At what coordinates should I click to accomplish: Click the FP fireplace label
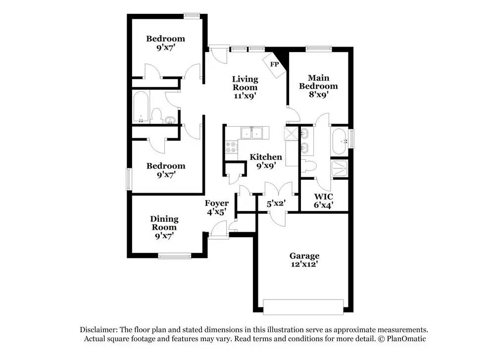274,64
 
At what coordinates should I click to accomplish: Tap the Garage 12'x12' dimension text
304,264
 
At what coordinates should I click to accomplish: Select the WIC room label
323,197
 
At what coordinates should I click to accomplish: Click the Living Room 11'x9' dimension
245,96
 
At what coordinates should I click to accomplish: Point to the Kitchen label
266,157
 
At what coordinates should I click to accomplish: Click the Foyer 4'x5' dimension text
217,212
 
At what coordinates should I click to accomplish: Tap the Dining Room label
164,223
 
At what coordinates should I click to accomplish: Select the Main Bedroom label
318,82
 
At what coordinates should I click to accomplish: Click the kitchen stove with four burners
231,147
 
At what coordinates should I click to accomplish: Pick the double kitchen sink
251,133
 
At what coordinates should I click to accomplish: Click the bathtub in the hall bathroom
141,107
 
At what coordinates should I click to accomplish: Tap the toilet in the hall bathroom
156,116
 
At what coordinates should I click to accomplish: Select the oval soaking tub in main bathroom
340,141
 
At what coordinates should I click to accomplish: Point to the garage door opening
303,307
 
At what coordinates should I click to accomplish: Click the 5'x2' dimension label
276,204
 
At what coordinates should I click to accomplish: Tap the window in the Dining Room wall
175,256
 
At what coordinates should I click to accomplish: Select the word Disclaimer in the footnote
99,330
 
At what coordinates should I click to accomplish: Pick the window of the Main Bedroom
319,49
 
